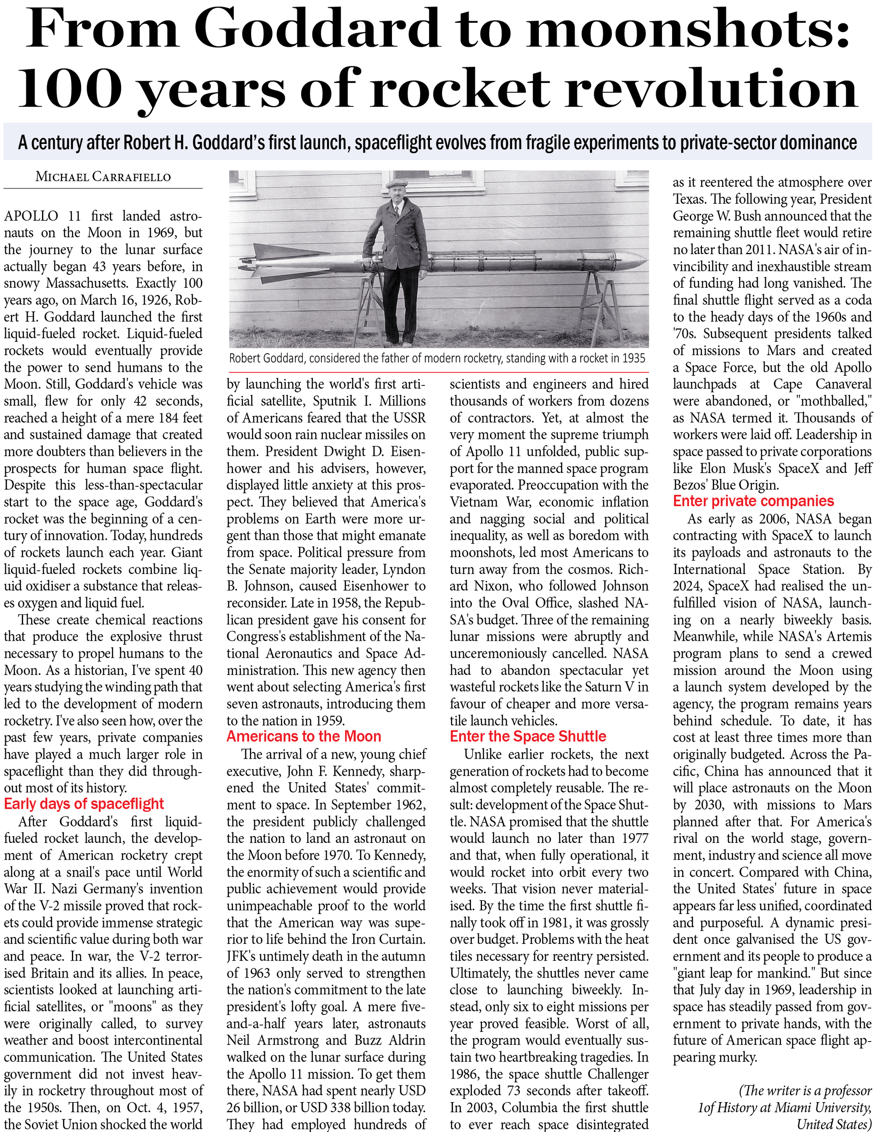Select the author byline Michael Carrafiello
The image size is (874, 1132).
(103, 177)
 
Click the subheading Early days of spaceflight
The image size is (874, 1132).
(84, 804)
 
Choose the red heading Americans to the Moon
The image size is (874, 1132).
(304, 736)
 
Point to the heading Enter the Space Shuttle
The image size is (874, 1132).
(527, 736)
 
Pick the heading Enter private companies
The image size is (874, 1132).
(753, 501)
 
